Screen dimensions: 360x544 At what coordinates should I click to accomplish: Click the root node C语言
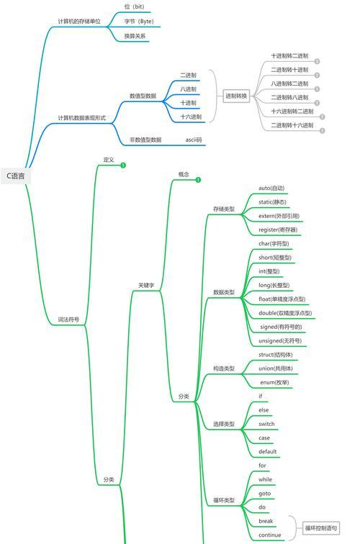pyautogui.click(x=16, y=176)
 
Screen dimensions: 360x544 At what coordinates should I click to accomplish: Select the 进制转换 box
pyautogui.click(x=236, y=96)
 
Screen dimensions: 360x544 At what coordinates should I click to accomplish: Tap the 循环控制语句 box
pyautogui.click(x=321, y=528)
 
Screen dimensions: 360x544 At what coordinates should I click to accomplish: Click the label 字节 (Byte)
pyautogui.click(x=139, y=22)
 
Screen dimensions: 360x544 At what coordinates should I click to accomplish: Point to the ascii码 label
pyautogui.click(x=194, y=140)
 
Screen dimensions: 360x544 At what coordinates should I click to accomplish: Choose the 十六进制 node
pyautogui.click(x=191, y=117)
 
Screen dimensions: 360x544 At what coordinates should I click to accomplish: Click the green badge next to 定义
pyautogui.click(x=123, y=166)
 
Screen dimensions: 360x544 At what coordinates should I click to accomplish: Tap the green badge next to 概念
pyautogui.click(x=198, y=180)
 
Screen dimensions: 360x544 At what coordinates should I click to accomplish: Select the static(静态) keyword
pyautogui.click(x=272, y=202)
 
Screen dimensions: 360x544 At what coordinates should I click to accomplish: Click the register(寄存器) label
pyautogui.click(x=278, y=230)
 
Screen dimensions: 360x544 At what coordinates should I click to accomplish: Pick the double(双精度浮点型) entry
pyautogui.click(x=285, y=313)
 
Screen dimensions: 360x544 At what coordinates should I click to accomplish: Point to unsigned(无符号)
pyautogui.click(x=280, y=340)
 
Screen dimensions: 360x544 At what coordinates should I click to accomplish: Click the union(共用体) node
pyautogui.click(x=275, y=368)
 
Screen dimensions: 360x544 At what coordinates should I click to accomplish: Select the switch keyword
pyautogui.click(x=266, y=424)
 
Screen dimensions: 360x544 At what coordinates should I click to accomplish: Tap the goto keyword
pyautogui.click(x=264, y=494)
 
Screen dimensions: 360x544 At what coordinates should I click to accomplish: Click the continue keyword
pyautogui.click(x=270, y=535)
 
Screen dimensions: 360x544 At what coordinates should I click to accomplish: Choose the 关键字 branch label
pyautogui.click(x=146, y=285)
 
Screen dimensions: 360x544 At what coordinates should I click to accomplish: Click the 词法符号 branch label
pyautogui.click(x=68, y=319)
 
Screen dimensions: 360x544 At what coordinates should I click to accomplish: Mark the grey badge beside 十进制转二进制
pyautogui.click(x=317, y=61)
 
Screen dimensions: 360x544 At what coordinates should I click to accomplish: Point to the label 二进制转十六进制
pyautogui.click(x=292, y=125)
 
